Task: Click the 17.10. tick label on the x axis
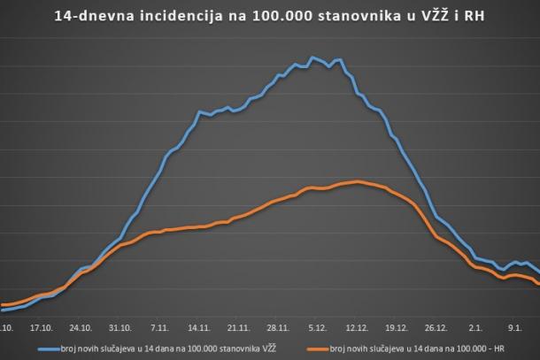(42, 326)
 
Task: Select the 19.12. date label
(397, 326)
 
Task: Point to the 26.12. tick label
(436, 326)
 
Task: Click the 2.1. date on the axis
(475, 326)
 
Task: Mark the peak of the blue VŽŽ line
(312, 57)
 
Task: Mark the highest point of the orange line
(357, 181)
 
